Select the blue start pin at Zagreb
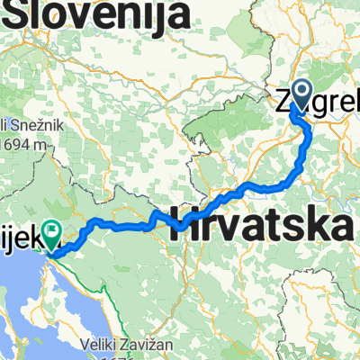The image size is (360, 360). [x=300, y=94]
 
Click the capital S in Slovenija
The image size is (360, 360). [x=16, y=15]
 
